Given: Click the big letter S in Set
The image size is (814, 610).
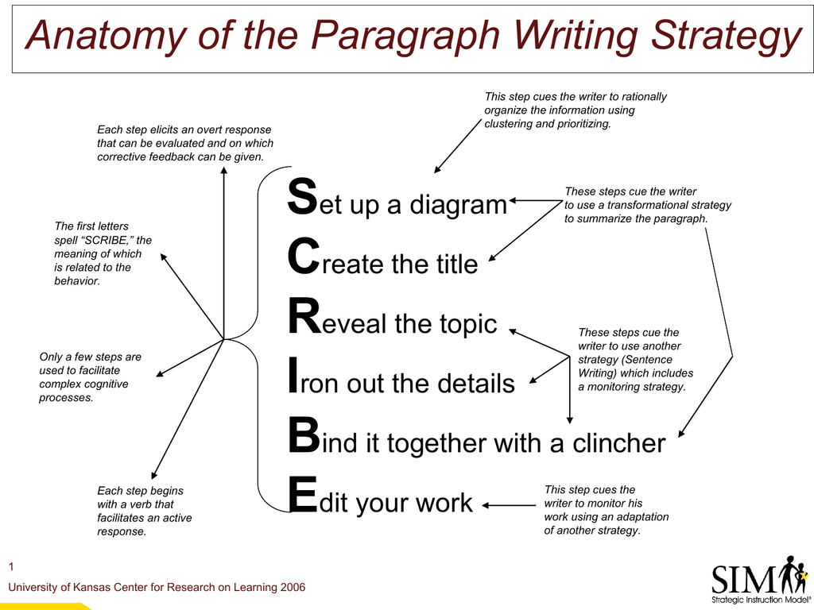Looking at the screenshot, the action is click(x=302, y=197).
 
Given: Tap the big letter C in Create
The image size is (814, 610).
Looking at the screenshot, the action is click(x=304, y=257).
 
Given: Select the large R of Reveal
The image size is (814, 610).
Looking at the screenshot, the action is click(x=305, y=316).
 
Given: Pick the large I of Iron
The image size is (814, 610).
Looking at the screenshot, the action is click(x=293, y=375).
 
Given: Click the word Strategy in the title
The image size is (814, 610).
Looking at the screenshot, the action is click(x=727, y=37).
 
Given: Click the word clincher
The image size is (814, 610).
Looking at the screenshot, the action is click(x=618, y=443).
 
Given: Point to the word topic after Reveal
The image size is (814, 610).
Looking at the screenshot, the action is click(x=469, y=325).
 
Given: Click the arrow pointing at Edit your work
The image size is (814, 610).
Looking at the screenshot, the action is click(x=509, y=505).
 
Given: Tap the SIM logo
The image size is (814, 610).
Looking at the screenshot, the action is click(x=759, y=579).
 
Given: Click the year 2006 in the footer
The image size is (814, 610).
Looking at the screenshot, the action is click(x=293, y=587).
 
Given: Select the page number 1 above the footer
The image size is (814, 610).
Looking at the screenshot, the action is click(x=11, y=566).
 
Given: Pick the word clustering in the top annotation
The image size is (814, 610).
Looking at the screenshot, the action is click(x=508, y=124).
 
